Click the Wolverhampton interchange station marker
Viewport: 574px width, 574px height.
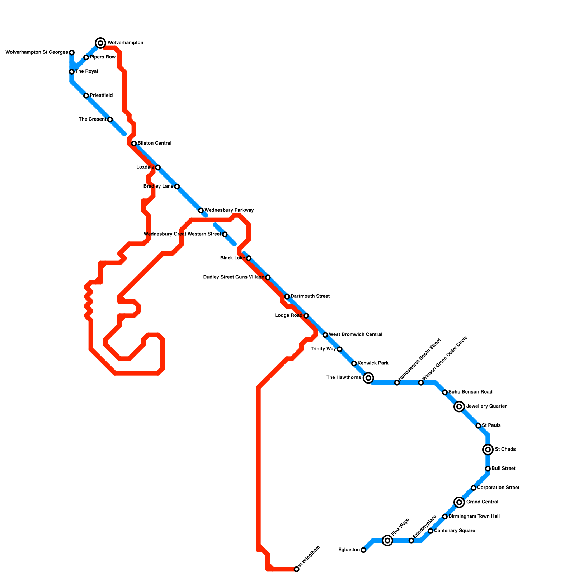click(101, 43)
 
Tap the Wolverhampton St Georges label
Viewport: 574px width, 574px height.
click(37, 52)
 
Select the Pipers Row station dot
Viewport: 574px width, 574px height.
click(86, 57)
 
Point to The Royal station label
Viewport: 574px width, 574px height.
click(86, 71)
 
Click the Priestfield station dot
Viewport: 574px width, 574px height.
click(86, 96)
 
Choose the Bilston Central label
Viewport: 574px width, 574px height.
click(154, 143)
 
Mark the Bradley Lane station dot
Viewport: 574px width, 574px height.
click(177, 187)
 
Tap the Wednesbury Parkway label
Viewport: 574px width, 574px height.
click(229, 210)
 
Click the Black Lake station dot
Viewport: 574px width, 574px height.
click(249, 258)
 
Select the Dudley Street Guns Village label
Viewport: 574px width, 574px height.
click(234, 277)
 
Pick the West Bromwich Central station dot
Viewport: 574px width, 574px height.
click(325, 335)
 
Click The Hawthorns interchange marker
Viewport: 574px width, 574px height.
click(368, 378)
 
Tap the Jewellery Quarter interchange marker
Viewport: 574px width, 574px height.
click(459, 406)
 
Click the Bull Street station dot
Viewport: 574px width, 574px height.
click(488, 469)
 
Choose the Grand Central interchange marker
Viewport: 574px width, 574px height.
click(459, 502)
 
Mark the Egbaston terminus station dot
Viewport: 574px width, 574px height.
click(363, 550)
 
